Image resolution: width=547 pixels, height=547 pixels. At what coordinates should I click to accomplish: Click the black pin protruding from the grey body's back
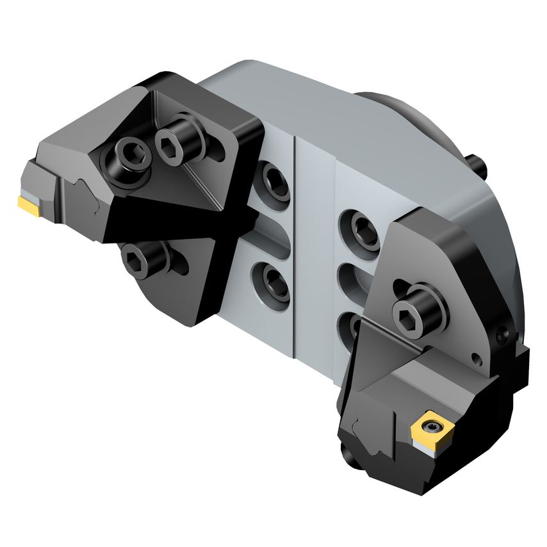coord(479,161)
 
